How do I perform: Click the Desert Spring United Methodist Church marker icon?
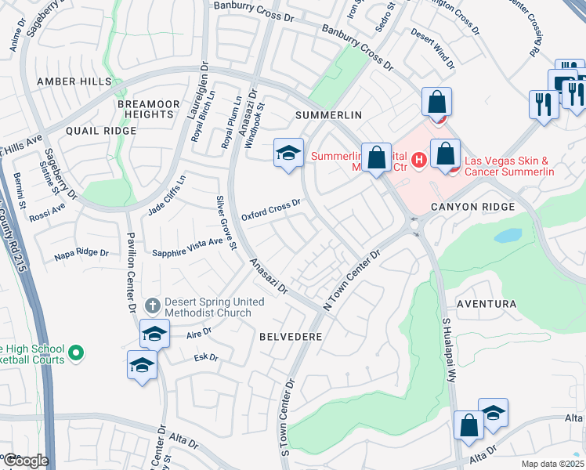coord(154,305)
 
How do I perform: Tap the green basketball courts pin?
coord(76,354)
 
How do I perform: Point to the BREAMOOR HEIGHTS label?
coord(144,109)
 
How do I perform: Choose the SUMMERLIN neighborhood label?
coord(328,115)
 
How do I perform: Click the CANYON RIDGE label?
coord(472,207)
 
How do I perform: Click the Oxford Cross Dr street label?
coord(271,209)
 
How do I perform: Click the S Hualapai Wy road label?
coord(450,350)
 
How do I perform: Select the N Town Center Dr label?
coord(350,277)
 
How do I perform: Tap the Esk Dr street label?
coord(204,358)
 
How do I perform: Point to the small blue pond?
coord(507,235)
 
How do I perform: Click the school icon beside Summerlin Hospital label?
coord(288,154)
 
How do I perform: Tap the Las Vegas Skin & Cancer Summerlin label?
coord(520,166)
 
